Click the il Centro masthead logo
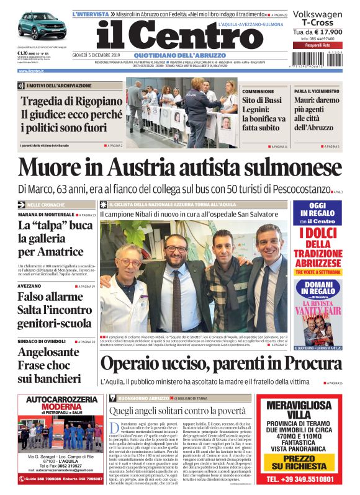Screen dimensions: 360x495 click(171, 35)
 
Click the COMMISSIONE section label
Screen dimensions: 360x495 click(258, 91)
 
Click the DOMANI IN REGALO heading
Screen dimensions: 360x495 click(317, 290)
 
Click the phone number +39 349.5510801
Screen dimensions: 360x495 click(307, 480)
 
